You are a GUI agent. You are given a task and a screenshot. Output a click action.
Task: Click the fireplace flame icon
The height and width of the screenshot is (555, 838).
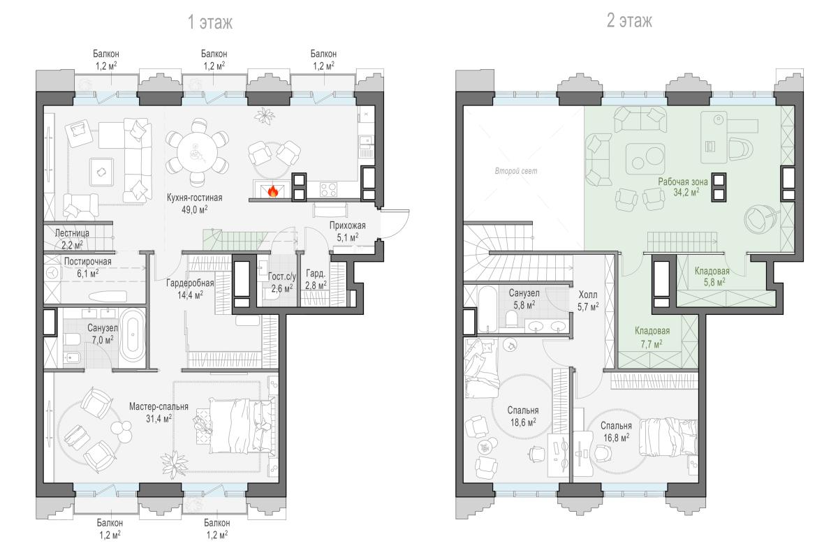[273, 191]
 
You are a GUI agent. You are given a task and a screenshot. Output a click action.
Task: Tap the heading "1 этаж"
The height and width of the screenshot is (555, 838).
[210, 22]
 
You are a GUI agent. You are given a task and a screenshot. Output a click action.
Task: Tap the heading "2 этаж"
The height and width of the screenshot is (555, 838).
[630, 20]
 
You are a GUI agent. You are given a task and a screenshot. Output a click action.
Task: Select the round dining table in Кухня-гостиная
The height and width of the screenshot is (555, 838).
[197, 152]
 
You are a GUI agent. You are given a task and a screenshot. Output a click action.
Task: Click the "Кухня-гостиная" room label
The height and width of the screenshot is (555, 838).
[195, 198]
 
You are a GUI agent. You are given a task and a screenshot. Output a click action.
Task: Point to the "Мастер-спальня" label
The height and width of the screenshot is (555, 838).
[159, 406]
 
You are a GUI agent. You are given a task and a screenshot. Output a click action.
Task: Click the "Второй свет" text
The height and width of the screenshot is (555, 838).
[516, 171]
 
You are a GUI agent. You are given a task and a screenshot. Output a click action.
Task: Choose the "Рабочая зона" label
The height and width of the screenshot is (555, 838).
[683, 182]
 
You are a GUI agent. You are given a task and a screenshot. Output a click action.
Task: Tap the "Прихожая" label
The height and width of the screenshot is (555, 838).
[348, 225]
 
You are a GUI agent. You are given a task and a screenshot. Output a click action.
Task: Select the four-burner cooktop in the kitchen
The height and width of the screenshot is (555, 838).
[328, 189]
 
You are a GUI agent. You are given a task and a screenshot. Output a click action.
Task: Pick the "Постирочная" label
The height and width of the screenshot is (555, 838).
[88, 261]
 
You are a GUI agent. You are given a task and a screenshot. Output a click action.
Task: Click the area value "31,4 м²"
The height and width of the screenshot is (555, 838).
[159, 418]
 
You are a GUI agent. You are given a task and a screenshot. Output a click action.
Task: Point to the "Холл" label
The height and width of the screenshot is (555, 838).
[588, 295]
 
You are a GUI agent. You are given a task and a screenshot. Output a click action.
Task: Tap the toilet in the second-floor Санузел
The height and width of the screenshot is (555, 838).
[511, 319]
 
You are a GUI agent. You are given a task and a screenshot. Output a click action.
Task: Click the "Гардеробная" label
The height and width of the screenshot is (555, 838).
[190, 283]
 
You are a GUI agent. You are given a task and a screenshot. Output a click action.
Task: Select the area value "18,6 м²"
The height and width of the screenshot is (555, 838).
[523, 422]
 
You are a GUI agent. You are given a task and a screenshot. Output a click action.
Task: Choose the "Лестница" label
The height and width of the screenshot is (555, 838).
[72, 233]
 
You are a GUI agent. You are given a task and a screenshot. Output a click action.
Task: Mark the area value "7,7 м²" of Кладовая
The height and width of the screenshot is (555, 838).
[652, 343]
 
